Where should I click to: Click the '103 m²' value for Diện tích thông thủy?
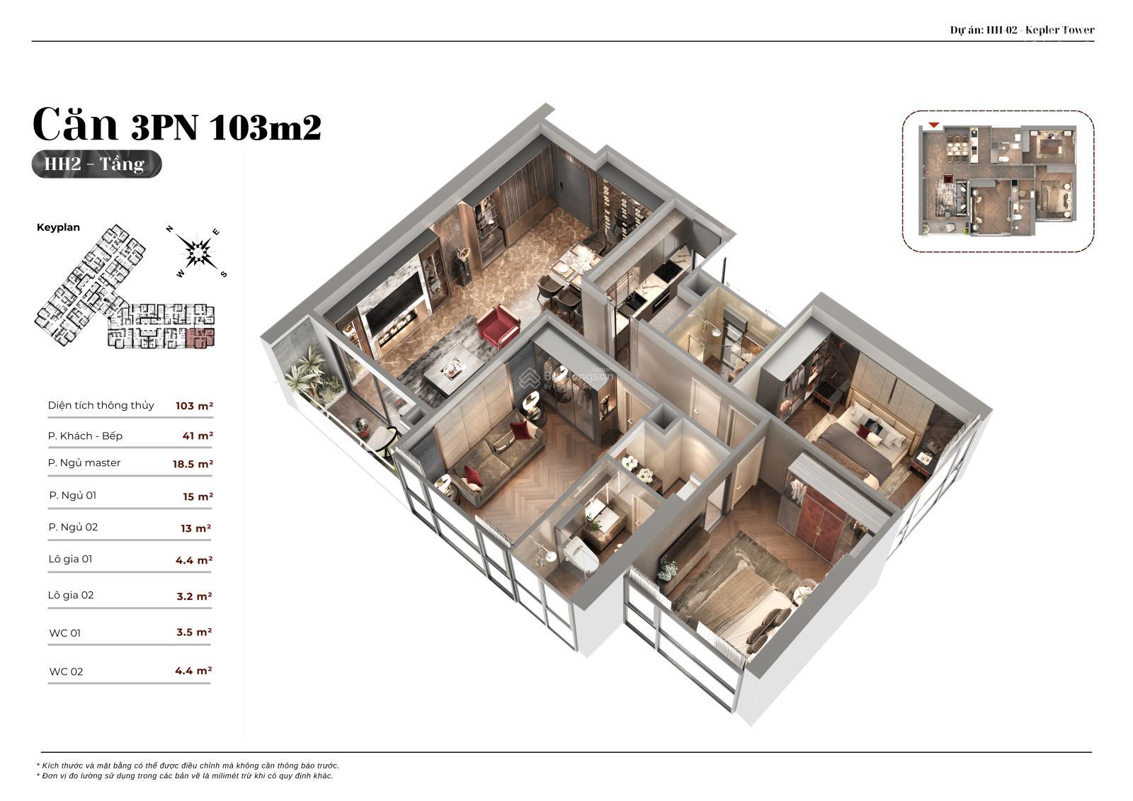coord(194,406)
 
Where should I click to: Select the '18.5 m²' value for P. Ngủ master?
coord(193,463)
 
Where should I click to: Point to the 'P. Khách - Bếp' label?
coord(85,436)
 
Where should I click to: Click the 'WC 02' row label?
coord(66,671)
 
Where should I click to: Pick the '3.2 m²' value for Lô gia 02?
coord(194,596)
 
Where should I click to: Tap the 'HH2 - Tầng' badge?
coord(96,164)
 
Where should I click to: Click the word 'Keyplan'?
coord(58,227)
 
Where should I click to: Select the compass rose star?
coord(198,251)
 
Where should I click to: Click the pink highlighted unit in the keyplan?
coord(200,338)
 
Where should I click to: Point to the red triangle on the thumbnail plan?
coord(934,125)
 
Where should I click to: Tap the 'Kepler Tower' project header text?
coord(1059,30)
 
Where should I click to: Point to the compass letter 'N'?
coord(170,229)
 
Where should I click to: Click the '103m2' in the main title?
coord(265,127)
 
